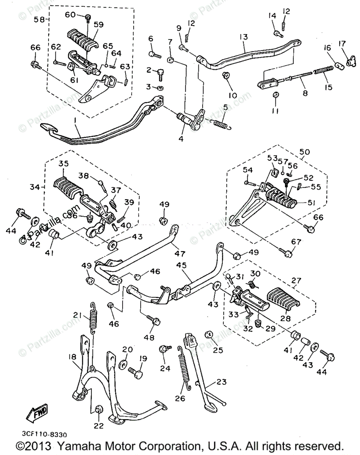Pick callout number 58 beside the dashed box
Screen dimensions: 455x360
pyautogui.click(x=39, y=19)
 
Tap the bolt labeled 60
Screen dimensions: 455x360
pyautogui.click(x=88, y=17)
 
